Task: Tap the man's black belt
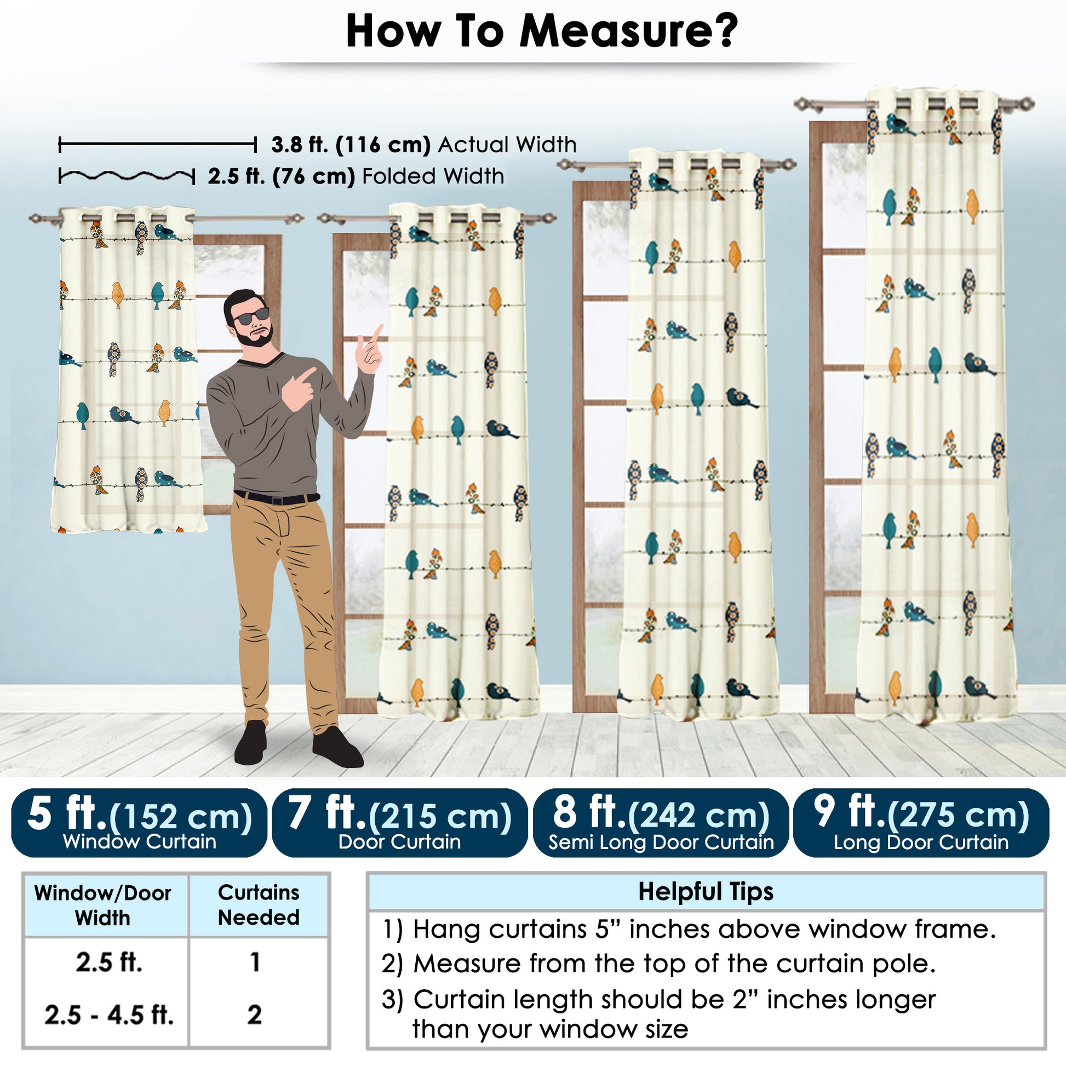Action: click(x=277, y=498)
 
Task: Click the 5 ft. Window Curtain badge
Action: click(x=139, y=823)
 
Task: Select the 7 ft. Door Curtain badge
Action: click(x=399, y=823)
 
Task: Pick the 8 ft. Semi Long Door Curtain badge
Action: click(x=661, y=823)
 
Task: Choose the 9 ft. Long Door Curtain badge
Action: click(x=921, y=823)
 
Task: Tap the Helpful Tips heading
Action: click(x=706, y=891)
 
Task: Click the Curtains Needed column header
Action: click(x=259, y=904)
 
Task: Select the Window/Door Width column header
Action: click(x=102, y=905)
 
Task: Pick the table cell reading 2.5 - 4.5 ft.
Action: click(x=108, y=1015)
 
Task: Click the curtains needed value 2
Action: click(x=254, y=1015)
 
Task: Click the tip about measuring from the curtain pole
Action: click(x=658, y=964)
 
